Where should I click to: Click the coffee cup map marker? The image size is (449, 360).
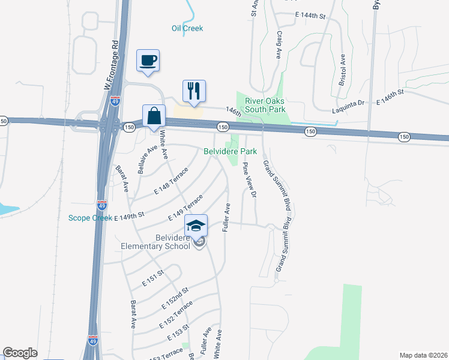[148, 61]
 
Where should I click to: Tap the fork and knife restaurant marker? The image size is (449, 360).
[194, 91]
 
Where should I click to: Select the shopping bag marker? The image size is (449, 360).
[154, 116]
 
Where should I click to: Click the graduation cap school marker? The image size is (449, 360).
[196, 226]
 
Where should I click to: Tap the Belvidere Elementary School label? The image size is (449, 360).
[155, 241]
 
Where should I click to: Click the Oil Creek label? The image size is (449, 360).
[187, 28]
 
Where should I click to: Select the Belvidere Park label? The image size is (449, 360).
[231, 152]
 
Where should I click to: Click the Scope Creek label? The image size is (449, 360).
[90, 217]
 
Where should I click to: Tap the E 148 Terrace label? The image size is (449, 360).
[171, 181]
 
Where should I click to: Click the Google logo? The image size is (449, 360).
[20, 353]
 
